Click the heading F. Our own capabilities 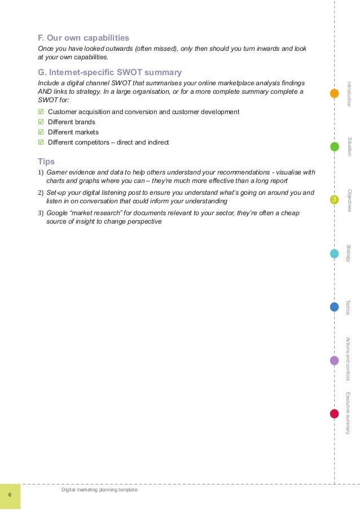[83, 38]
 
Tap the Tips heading [46, 161]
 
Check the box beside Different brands [40, 122]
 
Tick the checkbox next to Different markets [40, 132]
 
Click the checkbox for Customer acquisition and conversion [40, 112]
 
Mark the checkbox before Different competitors [40, 142]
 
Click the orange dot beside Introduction [334, 93]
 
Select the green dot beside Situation [334, 147]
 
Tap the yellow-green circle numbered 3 [334, 200]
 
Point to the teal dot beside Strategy [334, 254]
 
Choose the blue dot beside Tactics [334, 307]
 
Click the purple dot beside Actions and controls [334, 360]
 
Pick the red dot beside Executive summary [334, 413]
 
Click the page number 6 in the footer [10, 495]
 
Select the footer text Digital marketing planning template [99, 490]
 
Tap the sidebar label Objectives [350, 200]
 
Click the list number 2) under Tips [40, 193]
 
